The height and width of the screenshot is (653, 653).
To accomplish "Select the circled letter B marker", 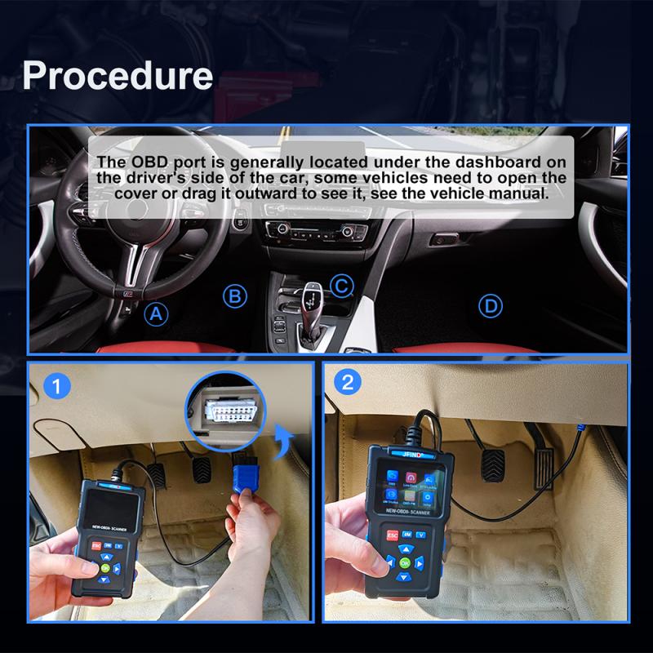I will (x=235, y=296).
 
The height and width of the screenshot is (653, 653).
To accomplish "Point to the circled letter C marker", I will (x=342, y=286).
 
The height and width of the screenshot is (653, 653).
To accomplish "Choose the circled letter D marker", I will (x=489, y=306).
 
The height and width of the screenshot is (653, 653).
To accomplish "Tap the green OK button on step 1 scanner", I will (x=105, y=568).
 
